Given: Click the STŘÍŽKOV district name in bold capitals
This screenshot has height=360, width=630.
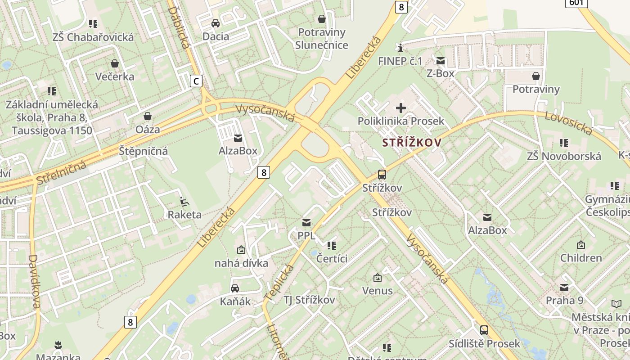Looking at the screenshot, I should pos(412,143).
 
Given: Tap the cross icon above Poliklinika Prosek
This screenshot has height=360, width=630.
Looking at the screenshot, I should pos(400,108).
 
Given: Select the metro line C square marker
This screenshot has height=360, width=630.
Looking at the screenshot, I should pos(196,81).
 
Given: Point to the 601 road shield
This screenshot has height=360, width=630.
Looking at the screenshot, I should pos(576,2).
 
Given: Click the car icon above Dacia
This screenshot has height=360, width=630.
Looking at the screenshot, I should pos(216,23).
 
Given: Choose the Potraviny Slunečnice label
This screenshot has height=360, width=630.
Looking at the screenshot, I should pos(321,39).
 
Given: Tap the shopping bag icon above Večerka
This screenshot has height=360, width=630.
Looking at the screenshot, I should pos(115,63).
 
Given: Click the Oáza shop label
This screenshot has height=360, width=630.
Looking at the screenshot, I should pos(148,129).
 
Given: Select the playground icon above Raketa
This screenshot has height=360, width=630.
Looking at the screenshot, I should pos(184,201).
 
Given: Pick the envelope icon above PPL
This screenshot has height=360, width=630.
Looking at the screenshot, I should pos(306,222).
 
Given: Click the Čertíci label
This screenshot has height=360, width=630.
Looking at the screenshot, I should pos(332,258).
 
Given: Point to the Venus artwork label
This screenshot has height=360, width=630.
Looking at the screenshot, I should pos(377,291).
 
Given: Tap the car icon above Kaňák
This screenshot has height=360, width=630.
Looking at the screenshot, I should pos(235,288).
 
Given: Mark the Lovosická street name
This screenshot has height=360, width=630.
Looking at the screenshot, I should pos(568,122).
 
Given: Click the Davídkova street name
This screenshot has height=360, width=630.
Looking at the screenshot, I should pos(34,282).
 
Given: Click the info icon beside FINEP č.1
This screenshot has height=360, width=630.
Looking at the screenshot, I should pos(399,48).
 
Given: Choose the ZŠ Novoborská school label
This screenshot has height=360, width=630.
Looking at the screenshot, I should pos(564,156).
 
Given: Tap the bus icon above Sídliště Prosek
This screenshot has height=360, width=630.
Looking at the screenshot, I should pos(484,330).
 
